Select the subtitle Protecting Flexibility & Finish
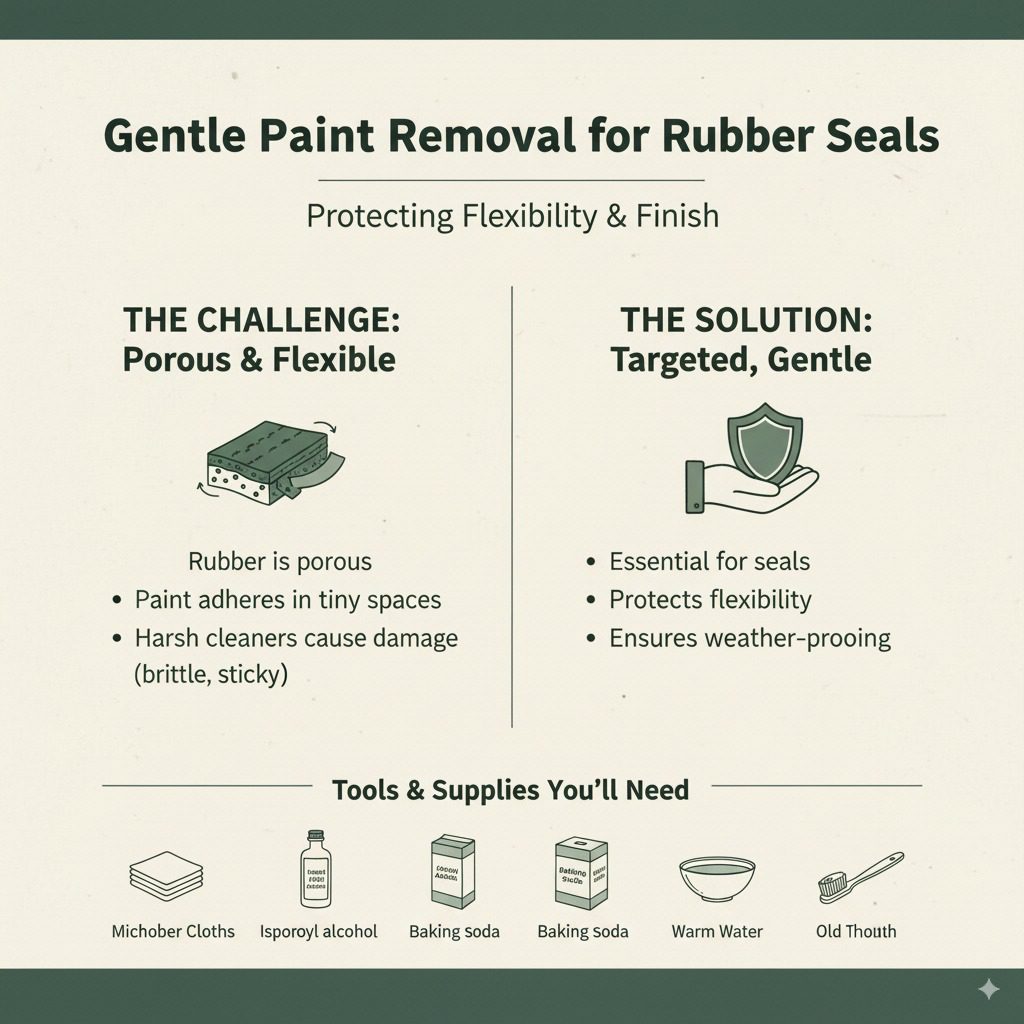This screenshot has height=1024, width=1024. pos(512,216)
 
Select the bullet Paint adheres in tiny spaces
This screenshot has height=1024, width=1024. pos(288,600)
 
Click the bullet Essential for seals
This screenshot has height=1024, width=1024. pos(709,561)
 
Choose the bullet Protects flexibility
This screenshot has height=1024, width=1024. pos(710,600)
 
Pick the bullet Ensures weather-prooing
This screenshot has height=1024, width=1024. pos(749,638)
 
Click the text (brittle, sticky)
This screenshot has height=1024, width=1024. pos(210,674)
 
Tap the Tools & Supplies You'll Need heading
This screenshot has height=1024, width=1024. pos(511,790)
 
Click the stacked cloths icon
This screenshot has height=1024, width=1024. pos(167,873)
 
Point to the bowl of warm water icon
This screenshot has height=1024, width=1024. pos(717,877)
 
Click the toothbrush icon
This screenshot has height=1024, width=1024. pos(859,876)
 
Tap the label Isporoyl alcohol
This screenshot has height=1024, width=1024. pos(318,931)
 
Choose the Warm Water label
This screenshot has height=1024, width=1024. pos(717,931)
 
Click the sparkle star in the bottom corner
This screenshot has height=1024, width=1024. pos(988,989)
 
